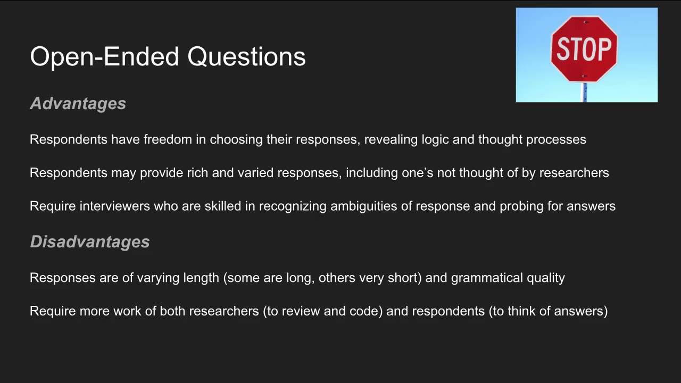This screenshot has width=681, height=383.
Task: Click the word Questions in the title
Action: pos(246,56)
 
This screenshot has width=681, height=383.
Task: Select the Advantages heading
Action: pos(78,104)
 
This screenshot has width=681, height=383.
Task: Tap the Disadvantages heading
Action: pos(89,242)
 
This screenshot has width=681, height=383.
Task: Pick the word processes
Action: pos(556,139)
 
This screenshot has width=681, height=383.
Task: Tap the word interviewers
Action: pos(114,206)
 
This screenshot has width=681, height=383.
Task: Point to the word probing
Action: pos(521,206)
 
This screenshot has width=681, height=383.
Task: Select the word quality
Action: pos(546,278)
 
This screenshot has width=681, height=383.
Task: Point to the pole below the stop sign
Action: pos(584,93)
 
